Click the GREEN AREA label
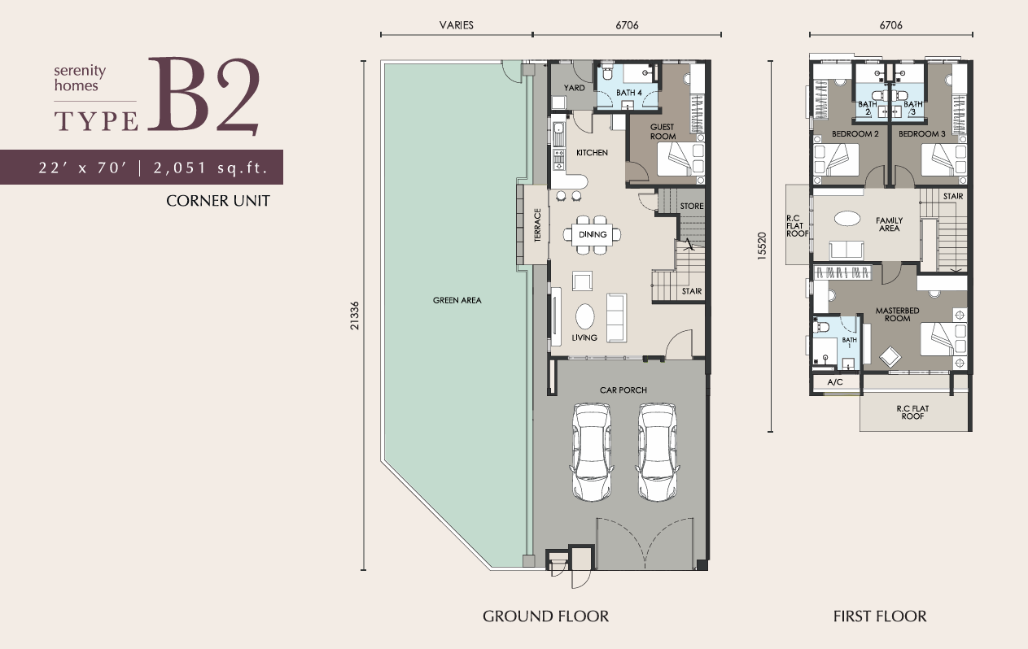coord(457,300)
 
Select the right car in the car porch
coord(658,452)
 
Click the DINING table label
coord(593,234)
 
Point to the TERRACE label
coord(537,224)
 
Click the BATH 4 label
coord(628,93)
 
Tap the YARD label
coord(574,88)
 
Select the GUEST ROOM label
coord(663,132)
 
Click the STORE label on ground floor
coord(692,206)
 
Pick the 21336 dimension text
coord(354,316)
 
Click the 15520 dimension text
coord(762,246)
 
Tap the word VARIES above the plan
coord(456,25)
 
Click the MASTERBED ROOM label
coord(897,314)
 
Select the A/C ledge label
coord(835,381)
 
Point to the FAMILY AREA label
coord(889,224)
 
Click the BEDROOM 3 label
coord(921,134)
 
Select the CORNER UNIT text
coord(218,201)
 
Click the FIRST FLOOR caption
coord(880,616)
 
